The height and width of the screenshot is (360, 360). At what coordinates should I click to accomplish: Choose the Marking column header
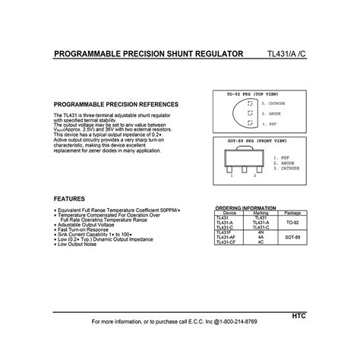(x=261, y=213)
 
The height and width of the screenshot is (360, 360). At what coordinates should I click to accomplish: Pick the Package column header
(x=292, y=213)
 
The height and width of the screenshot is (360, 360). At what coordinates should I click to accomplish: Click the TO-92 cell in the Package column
(x=292, y=223)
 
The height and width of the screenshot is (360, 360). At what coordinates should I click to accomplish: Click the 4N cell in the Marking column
(x=261, y=232)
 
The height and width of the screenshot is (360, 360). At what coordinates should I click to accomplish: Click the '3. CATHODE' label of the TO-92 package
(x=273, y=103)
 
